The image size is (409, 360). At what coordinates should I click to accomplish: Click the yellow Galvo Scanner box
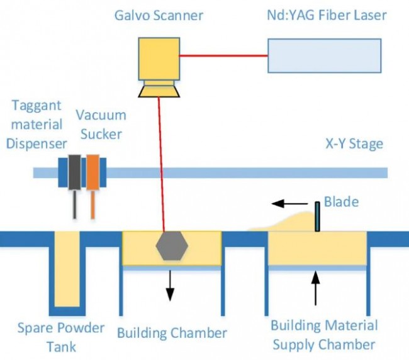(x=159, y=59)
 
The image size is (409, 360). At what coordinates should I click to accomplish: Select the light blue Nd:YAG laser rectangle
(x=325, y=55)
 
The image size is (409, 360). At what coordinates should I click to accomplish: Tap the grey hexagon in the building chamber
(x=172, y=245)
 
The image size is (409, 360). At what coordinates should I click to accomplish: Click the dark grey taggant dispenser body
(x=75, y=172)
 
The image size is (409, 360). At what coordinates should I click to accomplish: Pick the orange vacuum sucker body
(x=92, y=172)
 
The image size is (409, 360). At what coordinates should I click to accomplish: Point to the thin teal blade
(x=317, y=217)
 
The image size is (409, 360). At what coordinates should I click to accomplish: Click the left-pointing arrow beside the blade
(x=289, y=203)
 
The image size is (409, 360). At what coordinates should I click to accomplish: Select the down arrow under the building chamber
(x=170, y=285)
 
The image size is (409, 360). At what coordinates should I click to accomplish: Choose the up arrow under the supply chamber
(x=316, y=288)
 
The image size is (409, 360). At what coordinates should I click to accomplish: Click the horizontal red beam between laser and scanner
(x=223, y=55)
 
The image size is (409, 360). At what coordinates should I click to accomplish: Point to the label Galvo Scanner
(x=159, y=15)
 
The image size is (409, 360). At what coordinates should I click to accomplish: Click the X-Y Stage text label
(x=354, y=143)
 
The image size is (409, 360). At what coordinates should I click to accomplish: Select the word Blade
(x=341, y=201)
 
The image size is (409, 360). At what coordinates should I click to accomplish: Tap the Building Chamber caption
(x=172, y=333)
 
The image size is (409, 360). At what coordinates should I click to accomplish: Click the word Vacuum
(x=101, y=115)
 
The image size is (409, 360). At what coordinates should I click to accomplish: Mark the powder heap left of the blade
(x=283, y=222)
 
